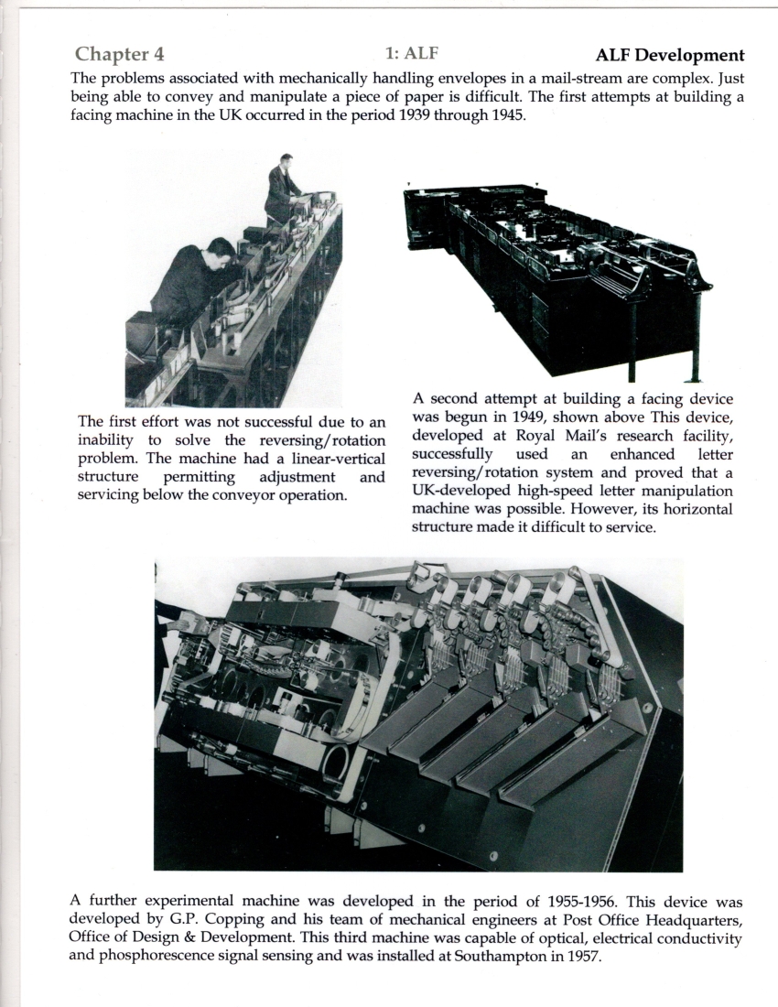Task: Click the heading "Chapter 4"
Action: click(x=120, y=57)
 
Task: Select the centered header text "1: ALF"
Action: click(x=417, y=55)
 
